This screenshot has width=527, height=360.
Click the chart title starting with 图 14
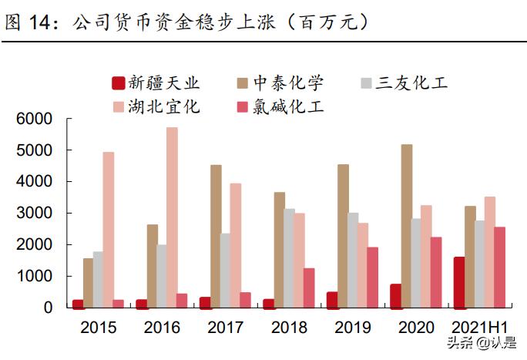[185, 22]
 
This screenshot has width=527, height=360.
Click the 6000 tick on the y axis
[34, 119]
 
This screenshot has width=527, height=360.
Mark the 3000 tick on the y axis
[34, 213]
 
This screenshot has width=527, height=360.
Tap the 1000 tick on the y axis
[34, 276]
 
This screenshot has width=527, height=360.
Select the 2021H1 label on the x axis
[478, 328]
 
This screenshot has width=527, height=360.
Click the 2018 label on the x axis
[288, 328]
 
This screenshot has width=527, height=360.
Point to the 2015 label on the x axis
[98, 328]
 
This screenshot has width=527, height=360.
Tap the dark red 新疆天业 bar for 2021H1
[459, 282]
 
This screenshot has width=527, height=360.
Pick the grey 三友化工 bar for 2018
[289, 259]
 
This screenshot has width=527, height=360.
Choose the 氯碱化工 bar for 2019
[372, 278]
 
